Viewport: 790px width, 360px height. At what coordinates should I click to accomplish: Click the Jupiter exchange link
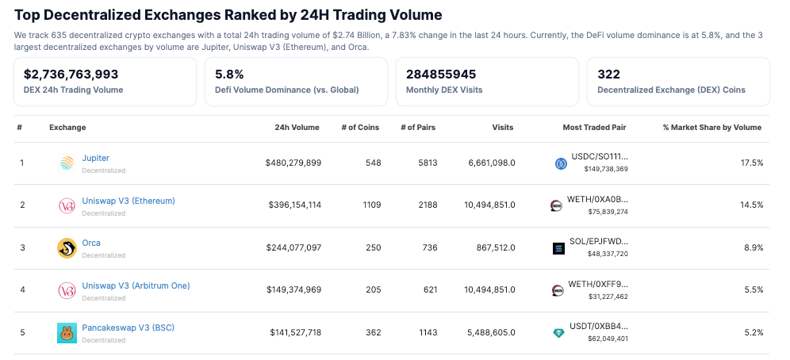[x=95, y=158]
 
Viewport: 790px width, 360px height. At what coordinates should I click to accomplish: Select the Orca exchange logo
[x=67, y=248]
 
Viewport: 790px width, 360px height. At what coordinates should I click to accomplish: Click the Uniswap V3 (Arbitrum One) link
[x=136, y=285]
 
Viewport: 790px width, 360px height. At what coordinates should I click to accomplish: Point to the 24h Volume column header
[x=297, y=127]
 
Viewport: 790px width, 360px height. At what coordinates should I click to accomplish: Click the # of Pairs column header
[x=418, y=127]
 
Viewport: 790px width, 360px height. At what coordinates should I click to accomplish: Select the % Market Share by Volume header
[x=711, y=127]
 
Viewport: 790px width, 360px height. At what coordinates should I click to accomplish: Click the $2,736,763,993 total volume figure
[x=71, y=74]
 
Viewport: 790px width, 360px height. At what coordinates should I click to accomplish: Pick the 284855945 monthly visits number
[x=441, y=74]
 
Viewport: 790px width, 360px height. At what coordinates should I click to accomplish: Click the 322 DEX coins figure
[x=608, y=74]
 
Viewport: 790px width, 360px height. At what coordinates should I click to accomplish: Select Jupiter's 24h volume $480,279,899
[x=293, y=163]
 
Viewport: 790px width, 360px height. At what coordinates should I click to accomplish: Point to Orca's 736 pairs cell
[x=430, y=247]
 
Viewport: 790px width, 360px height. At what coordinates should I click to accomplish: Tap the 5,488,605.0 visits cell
[x=489, y=332]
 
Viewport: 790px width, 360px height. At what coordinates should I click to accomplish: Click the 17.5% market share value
[x=751, y=163]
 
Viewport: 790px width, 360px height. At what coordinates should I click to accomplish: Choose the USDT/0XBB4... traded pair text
[x=599, y=326]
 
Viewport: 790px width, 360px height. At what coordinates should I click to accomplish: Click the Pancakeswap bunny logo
[x=67, y=333]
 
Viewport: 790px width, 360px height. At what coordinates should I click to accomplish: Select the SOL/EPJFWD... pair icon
[x=558, y=248]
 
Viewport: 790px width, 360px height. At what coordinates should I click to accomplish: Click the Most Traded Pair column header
[x=595, y=127]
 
